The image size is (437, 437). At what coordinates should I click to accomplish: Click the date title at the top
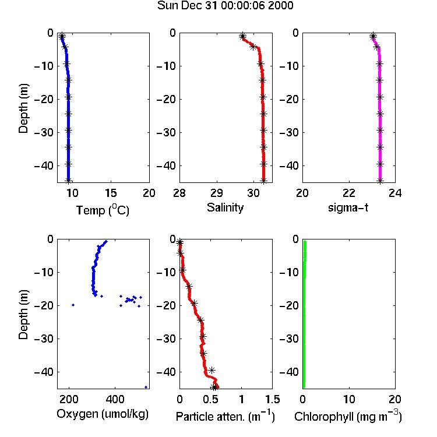coord(225,5)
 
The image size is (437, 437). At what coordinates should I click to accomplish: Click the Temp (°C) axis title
coord(103,210)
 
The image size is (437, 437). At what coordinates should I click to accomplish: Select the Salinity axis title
coord(225,207)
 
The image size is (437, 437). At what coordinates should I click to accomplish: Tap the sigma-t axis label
coord(348,207)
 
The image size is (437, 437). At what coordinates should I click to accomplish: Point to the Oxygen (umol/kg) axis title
coord(103,414)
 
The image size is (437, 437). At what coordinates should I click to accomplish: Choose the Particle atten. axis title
coord(225,416)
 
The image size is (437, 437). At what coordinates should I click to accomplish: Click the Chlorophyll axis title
coord(348,416)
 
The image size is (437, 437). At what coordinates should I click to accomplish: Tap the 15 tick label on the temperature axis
coord(111,193)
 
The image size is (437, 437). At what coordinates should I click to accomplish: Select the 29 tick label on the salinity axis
coord(217,193)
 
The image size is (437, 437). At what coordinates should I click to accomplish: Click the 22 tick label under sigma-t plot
coord(349,193)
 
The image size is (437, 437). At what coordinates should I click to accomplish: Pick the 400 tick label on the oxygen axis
coord(115,399)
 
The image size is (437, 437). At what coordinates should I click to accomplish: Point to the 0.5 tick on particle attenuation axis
coord(210,399)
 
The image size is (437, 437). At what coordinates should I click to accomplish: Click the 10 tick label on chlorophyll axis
coord(349,399)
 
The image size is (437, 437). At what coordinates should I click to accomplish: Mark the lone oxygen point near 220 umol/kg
coord(73,305)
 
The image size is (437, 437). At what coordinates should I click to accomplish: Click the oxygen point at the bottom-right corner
coord(146,387)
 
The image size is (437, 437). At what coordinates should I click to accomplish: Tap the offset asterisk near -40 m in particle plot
coord(212,370)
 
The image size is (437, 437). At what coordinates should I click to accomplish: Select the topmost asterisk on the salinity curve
coord(242,36)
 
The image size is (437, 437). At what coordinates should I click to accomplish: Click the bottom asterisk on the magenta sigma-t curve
coord(380,181)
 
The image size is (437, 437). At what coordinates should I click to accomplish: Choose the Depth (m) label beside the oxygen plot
coord(23,315)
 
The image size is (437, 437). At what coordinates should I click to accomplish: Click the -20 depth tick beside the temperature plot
coord(44,99)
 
